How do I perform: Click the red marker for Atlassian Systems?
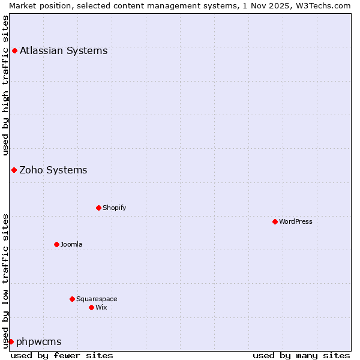[x=14, y=50]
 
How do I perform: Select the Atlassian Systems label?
[x=64, y=50]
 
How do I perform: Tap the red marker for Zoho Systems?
[x=14, y=170]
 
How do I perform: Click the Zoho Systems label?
[x=53, y=170]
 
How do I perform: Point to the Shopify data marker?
[x=98, y=208]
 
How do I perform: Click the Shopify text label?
[x=114, y=208]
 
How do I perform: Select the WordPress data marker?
[x=275, y=221]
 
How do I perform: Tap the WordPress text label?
[x=295, y=221]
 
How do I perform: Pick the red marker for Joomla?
[x=56, y=244]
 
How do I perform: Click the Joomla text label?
[x=71, y=244]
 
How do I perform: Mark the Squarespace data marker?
[x=72, y=299]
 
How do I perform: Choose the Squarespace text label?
[x=97, y=299]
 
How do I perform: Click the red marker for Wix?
[x=91, y=307]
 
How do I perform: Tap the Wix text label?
[x=101, y=307]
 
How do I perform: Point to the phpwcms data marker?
[x=11, y=341]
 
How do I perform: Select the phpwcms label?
[x=39, y=342]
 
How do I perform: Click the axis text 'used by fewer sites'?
[x=62, y=355]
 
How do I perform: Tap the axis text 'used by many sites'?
[x=301, y=355]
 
